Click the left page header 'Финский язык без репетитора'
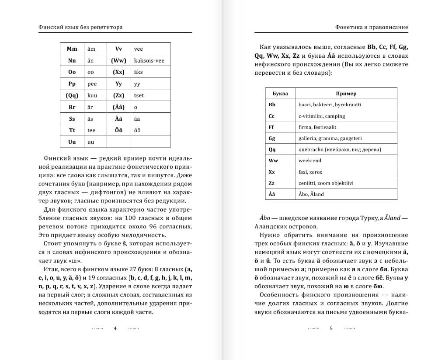[x=80, y=27]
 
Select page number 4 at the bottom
[x=115, y=329]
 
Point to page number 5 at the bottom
[x=331, y=329]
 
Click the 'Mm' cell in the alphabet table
[x=72, y=49]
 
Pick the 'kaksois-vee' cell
[x=149, y=61]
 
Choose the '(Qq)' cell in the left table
[x=72, y=95]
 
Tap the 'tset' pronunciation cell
[x=139, y=95]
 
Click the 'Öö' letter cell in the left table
[x=118, y=130]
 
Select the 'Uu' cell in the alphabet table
[x=72, y=142]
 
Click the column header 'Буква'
[x=280, y=94]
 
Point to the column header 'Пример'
[x=346, y=94]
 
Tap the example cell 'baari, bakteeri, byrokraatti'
[x=330, y=105]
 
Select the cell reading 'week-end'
[x=309, y=161]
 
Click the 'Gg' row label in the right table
[x=272, y=139]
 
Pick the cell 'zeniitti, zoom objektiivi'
[x=326, y=183]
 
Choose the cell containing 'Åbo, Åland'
[x=311, y=194]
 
